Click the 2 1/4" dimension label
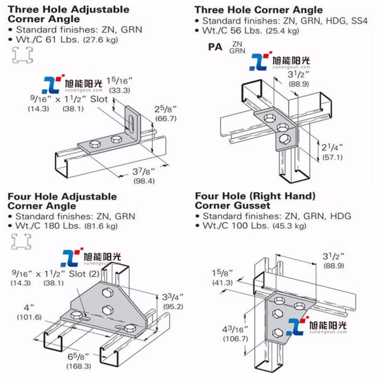click(x=328, y=146)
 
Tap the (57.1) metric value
click(x=328, y=157)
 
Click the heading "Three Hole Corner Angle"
click(x=258, y=10)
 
